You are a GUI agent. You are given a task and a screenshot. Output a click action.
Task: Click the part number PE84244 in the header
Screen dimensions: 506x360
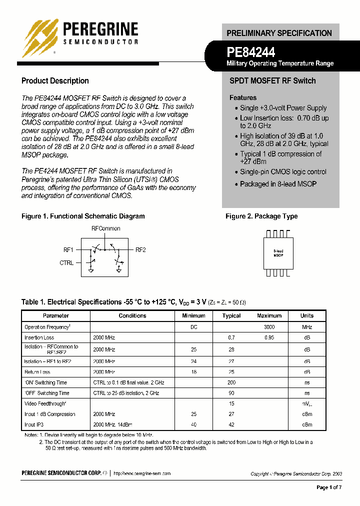tap(251, 51)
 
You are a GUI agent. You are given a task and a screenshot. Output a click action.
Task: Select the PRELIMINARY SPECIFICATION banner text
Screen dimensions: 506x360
tap(279, 33)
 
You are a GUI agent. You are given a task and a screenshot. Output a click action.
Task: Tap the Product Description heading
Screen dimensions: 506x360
tap(55, 81)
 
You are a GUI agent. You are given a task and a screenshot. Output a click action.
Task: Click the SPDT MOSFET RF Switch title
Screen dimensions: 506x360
tap(272, 81)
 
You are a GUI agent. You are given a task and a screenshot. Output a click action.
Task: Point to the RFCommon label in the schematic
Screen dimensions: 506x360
tap(105, 228)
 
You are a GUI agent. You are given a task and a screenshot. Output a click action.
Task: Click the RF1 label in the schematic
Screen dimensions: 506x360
tap(68, 249)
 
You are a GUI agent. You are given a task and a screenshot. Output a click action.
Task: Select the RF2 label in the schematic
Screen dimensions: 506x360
tap(140, 249)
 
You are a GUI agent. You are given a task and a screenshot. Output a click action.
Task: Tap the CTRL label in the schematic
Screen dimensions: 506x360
tap(66, 262)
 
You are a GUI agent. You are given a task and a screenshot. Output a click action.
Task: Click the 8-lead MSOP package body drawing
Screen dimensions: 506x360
tap(278, 253)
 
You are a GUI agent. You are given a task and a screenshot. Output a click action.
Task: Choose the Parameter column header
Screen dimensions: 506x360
tap(56, 316)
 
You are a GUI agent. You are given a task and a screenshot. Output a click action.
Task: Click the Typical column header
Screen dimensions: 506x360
tap(231, 316)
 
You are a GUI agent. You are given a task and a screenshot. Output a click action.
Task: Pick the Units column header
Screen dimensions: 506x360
tap(307, 316)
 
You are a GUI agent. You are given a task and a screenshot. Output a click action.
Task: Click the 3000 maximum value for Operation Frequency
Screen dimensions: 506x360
tap(269, 327)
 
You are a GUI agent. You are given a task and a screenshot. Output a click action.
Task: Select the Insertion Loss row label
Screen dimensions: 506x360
tap(39, 338)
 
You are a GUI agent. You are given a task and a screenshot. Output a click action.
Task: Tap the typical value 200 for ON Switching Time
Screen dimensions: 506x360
tap(231, 382)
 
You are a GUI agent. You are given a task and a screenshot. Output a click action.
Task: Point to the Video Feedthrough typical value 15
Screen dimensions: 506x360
tap(231, 403)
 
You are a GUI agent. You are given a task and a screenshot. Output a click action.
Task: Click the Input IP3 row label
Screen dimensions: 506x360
tap(37, 424)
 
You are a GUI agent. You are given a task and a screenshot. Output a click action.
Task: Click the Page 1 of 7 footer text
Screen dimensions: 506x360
tap(329, 487)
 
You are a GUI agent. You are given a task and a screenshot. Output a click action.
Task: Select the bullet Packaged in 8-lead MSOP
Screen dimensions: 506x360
tap(278, 184)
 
